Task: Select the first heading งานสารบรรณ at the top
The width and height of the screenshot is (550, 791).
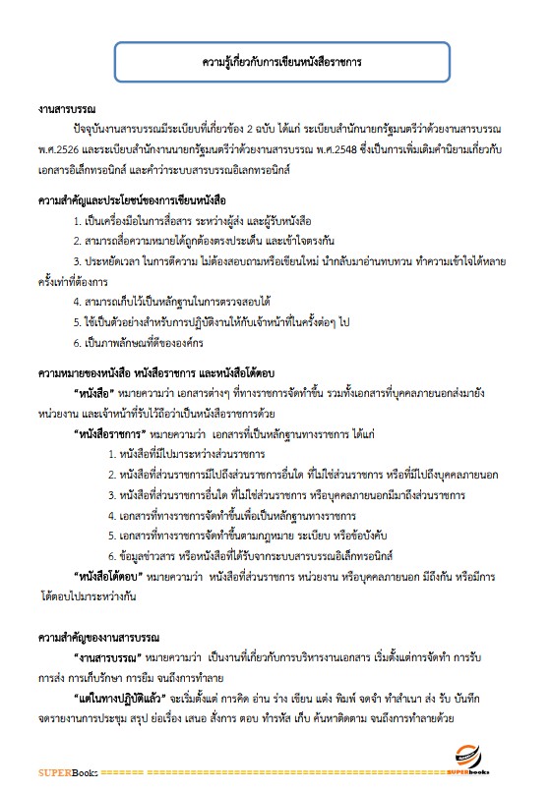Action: pos(67,110)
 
